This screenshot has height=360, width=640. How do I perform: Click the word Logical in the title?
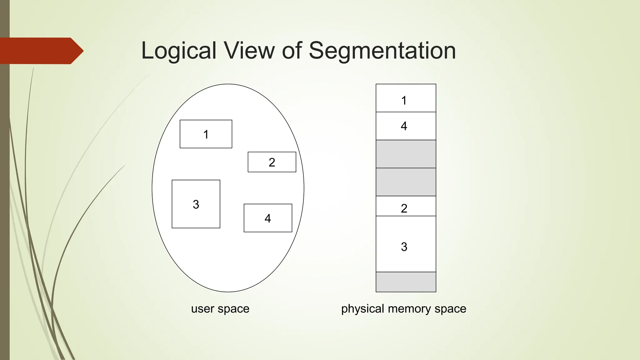178,51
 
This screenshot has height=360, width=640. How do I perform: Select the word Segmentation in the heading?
382,51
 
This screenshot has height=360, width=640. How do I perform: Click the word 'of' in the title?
292,51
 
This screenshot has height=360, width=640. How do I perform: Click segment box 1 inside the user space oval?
206,134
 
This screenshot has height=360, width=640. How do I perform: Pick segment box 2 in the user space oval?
272,162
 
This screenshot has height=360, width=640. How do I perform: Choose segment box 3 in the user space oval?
196,204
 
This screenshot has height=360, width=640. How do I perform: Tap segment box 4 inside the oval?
268,218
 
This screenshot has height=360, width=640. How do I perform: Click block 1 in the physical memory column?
406,98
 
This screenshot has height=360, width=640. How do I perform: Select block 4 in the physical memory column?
406,126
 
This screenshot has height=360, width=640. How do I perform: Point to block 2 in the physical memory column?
406,206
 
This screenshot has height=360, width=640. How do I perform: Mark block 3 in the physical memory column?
406,244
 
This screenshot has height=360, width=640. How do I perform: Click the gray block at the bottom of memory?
406,282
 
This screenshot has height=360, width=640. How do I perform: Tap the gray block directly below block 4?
406,154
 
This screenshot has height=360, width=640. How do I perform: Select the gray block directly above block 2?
406,182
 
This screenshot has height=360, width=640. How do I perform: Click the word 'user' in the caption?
203,309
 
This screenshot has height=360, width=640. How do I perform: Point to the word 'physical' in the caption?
362,309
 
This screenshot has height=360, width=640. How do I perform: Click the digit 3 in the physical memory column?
404,247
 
